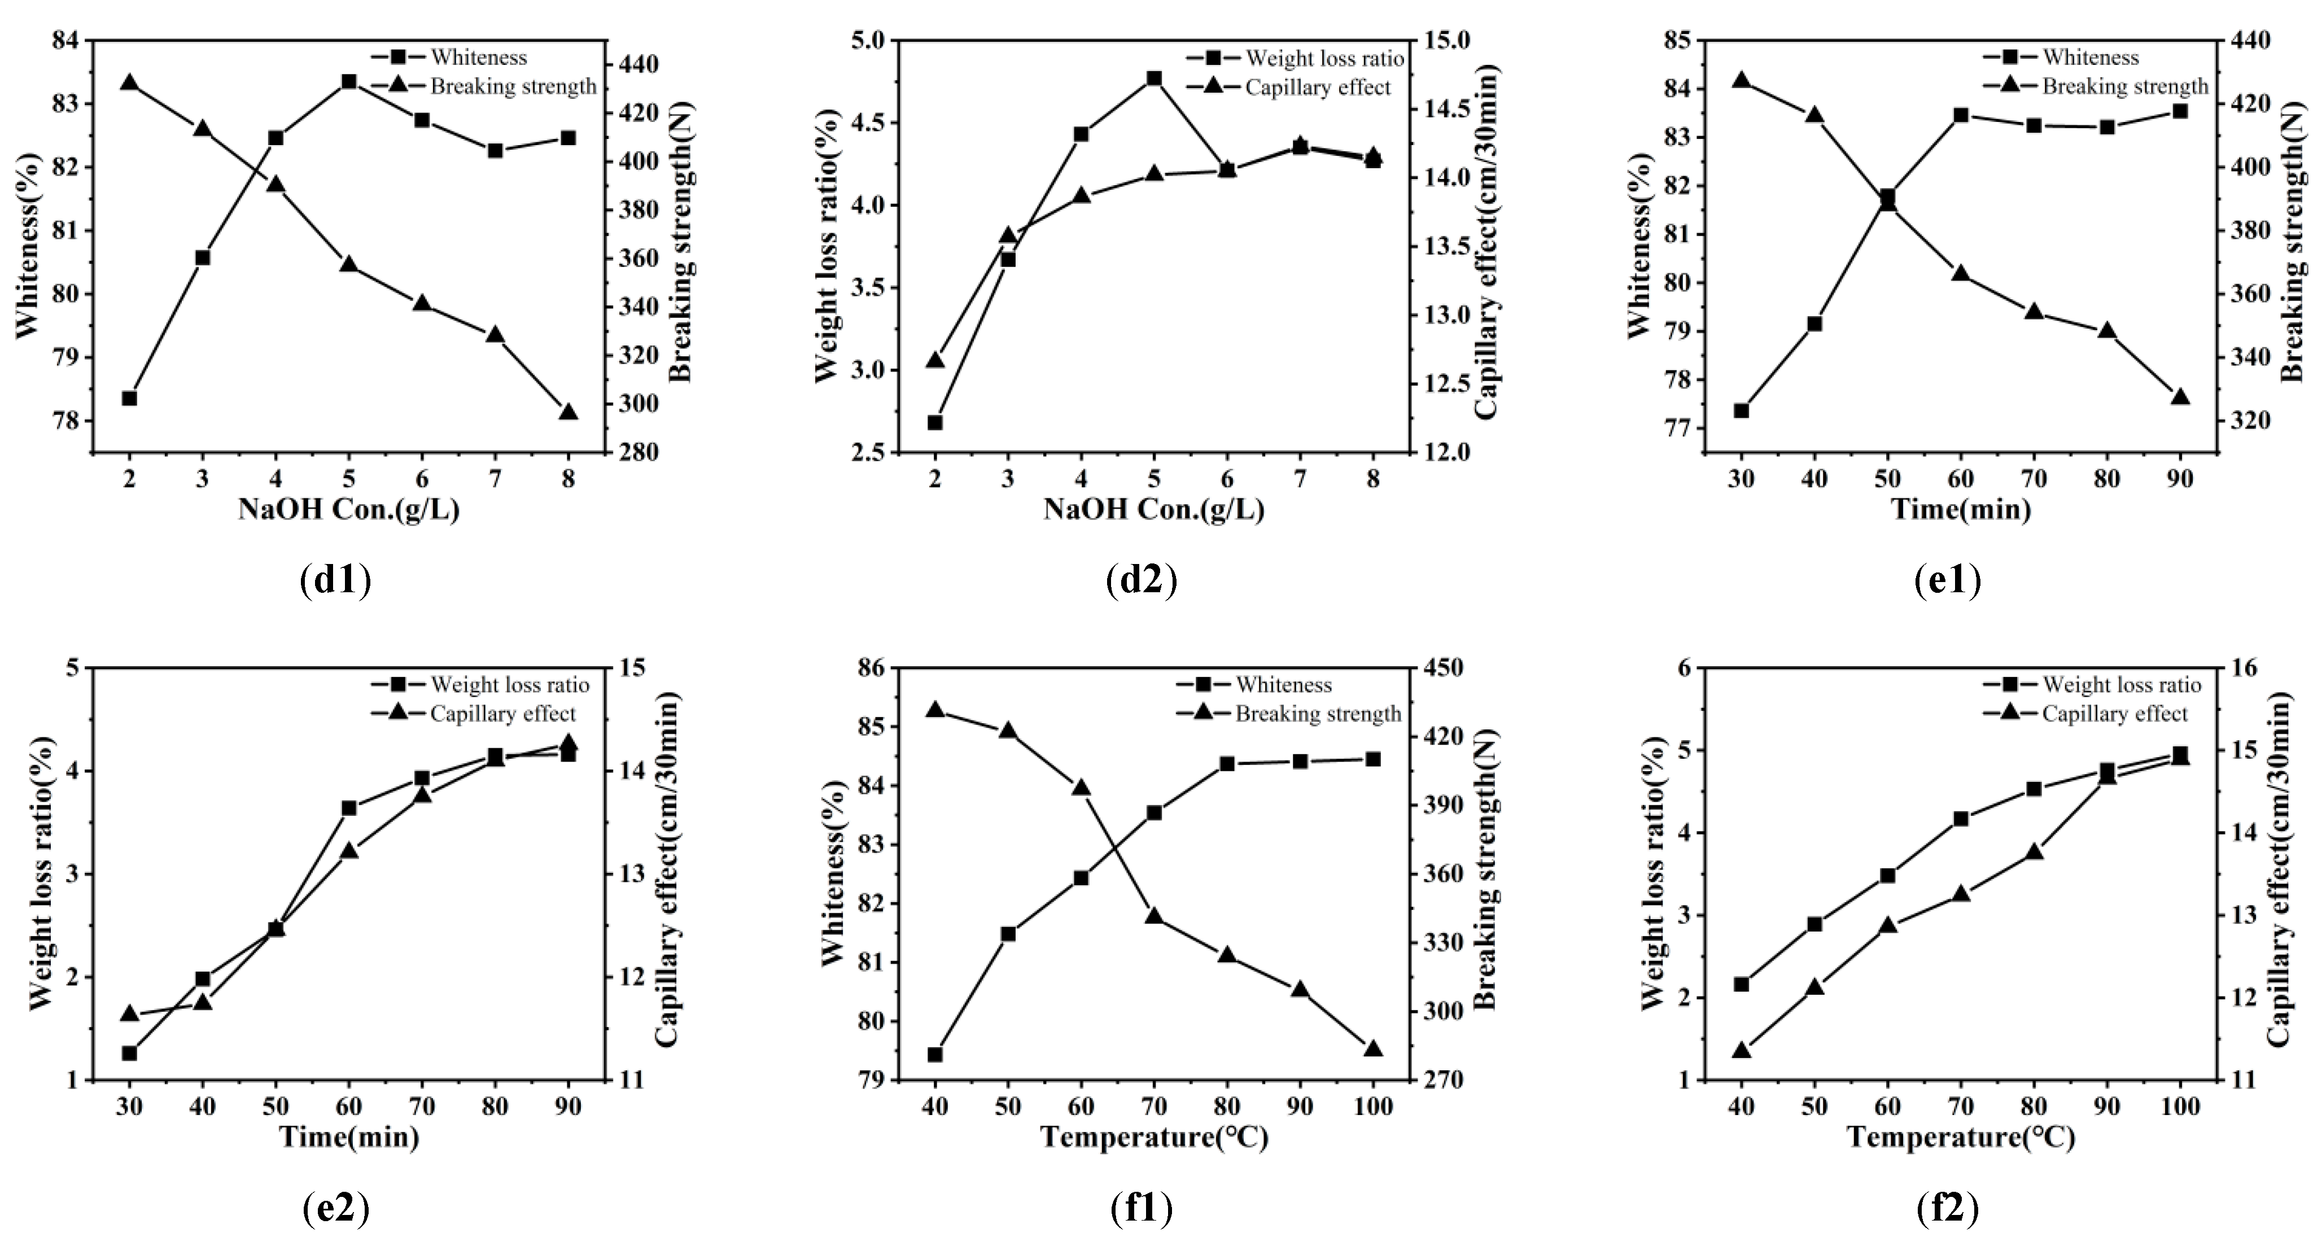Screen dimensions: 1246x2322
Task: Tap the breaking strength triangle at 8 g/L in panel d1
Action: pyautogui.click(x=568, y=412)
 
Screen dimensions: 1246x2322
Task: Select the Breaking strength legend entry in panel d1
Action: pyautogui.click(x=512, y=86)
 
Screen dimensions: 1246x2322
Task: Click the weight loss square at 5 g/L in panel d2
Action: pyautogui.click(x=1154, y=78)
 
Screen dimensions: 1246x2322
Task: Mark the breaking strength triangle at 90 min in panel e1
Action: pyautogui.click(x=2180, y=397)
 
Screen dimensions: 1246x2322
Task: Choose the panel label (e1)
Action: pyautogui.click(x=1947, y=580)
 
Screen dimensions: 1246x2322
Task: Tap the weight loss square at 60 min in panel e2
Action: pyautogui.click(x=349, y=808)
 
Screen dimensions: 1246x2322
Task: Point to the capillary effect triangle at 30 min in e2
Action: pyautogui.click(x=129, y=1013)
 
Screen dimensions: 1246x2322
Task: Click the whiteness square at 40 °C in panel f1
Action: pyautogui.click(x=935, y=1054)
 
